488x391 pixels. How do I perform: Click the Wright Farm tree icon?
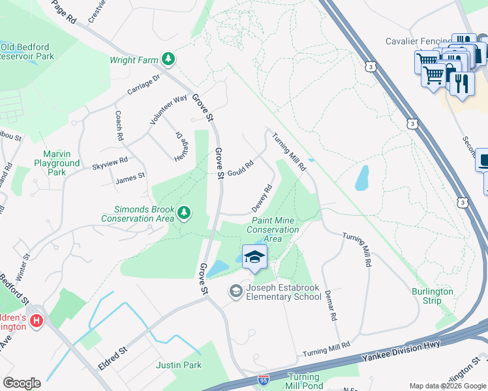point(169,60)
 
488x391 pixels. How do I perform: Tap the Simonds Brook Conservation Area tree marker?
point(185,212)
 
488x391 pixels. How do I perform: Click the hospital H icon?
point(37,321)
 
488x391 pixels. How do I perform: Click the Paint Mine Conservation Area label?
point(273,230)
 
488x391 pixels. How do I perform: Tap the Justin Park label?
point(179,365)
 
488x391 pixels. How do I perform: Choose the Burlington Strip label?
point(433,296)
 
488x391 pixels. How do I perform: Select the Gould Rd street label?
point(240,169)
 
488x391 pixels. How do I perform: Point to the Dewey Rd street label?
point(262,199)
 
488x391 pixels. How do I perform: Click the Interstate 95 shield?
point(264,379)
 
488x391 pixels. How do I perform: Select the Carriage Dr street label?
point(144,85)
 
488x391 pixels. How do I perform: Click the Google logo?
point(22,383)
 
